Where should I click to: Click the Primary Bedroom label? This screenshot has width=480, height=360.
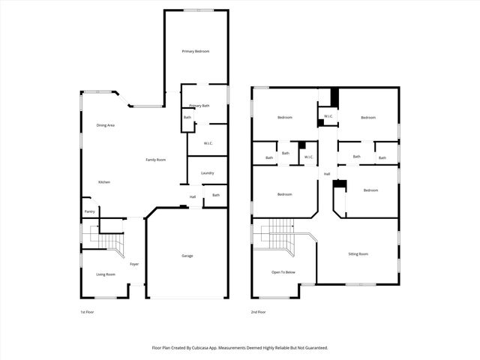[x=196, y=51]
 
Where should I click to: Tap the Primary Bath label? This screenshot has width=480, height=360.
[x=199, y=106]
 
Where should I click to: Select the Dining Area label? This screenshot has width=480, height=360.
[x=105, y=125]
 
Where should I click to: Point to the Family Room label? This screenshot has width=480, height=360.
[x=155, y=160]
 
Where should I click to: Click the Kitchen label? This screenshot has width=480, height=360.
[x=105, y=182]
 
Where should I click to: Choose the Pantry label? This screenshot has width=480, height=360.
[x=89, y=211]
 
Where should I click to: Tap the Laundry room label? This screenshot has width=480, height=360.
[x=208, y=173]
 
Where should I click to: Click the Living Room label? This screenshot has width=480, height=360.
[x=105, y=274]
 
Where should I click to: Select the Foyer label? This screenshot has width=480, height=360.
[x=134, y=264]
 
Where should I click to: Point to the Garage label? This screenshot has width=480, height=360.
[x=187, y=256]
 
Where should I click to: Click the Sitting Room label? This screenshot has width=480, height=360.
[x=358, y=253]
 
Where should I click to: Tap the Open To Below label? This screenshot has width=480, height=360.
[x=283, y=271]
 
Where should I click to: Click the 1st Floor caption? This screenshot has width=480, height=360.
[x=88, y=311]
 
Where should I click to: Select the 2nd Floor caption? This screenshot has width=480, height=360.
[x=259, y=311]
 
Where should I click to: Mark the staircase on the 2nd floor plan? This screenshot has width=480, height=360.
[x=281, y=234]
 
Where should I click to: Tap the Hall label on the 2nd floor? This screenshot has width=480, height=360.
[x=327, y=174]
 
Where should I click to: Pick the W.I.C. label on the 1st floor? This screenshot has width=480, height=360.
[x=209, y=142]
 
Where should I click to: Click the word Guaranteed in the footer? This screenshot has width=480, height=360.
[x=313, y=348]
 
